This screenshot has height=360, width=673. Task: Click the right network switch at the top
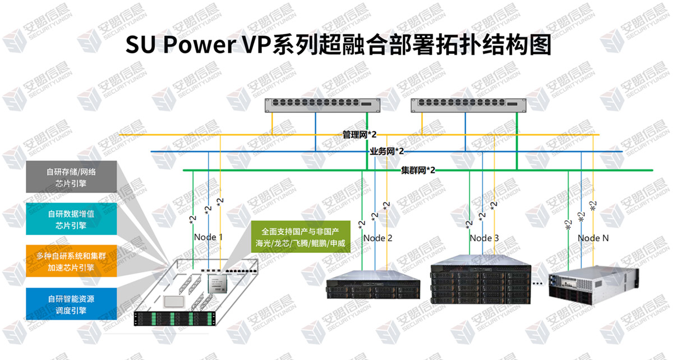click(x=465, y=104)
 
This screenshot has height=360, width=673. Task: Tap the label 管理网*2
click(x=359, y=135)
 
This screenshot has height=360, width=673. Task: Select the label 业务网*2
click(x=386, y=151)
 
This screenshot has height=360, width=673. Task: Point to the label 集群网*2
click(x=418, y=169)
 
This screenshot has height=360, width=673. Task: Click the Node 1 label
click(x=208, y=237)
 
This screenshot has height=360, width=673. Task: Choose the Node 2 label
click(x=377, y=238)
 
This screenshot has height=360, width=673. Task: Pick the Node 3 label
click(x=484, y=238)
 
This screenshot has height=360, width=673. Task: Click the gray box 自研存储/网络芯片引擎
click(x=71, y=177)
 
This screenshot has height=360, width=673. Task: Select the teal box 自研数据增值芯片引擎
click(x=71, y=219)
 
